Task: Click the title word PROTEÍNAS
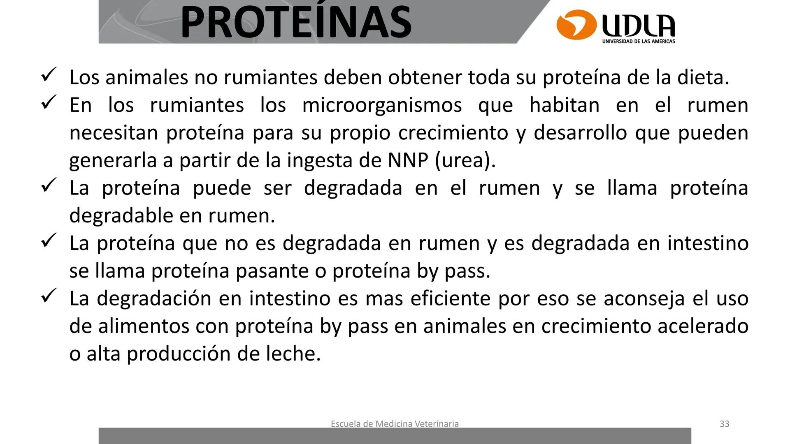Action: [295, 22]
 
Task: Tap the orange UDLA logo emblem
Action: [576, 25]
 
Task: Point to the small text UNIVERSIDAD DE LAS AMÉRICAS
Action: [638, 41]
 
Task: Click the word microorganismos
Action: [382, 105]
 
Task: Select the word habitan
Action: [564, 105]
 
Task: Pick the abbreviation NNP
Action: [408, 160]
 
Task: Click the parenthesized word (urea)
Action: [465, 160]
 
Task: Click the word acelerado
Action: [703, 326]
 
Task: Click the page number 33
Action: [724, 424]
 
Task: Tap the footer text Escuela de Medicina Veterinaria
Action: [395, 424]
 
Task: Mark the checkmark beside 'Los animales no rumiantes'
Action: [49, 75]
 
